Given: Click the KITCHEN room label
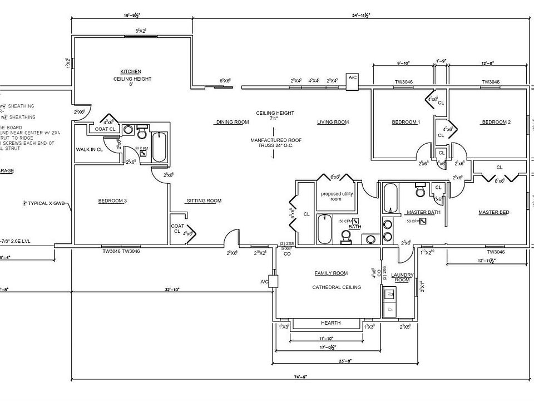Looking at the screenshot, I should click(131, 71).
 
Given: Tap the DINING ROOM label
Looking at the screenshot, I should click(232, 122).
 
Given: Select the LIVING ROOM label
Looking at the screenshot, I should click(333, 122).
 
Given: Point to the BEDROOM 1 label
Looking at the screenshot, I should click(406, 122).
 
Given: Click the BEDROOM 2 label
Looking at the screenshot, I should click(496, 122).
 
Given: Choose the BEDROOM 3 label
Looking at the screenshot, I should click(113, 200).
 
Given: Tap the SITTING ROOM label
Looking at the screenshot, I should click(204, 200).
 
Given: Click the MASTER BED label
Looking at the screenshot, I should click(494, 212).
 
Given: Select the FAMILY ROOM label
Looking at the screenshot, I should click(331, 273).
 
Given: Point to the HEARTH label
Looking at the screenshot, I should click(330, 323).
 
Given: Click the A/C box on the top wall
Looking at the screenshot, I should click(353, 79).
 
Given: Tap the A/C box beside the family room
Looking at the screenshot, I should click(273, 281).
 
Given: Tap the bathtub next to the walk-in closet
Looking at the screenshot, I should click(159, 146).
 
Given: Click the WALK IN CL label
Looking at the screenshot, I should click(89, 150).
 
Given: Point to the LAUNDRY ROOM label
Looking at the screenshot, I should click(401, 277).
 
